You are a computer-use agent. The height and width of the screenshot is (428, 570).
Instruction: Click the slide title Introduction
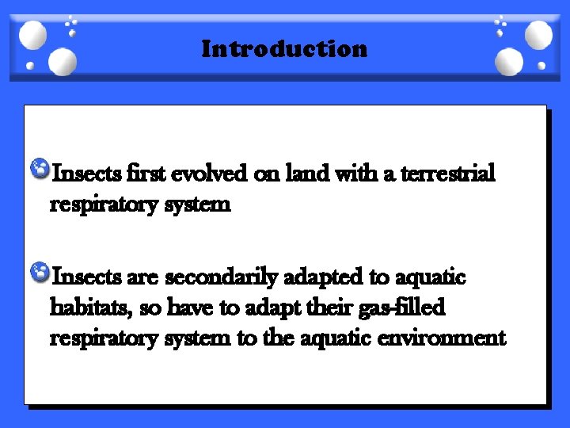(x=284, y=49)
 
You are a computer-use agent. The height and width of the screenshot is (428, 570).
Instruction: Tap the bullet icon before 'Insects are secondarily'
(x=40, y=273)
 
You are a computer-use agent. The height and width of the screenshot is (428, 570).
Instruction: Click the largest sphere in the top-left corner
(x=33, y=35)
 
